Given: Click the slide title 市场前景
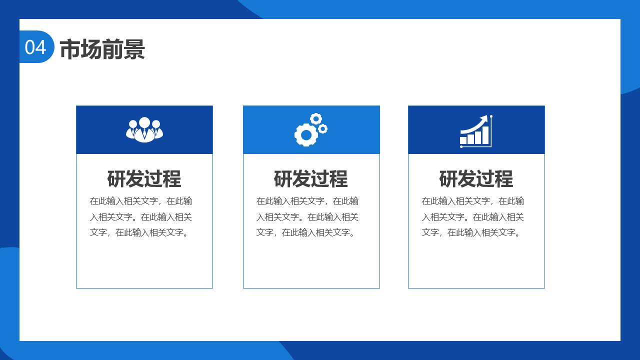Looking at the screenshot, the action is click(x=102, y=49).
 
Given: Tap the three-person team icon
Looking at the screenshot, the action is click(x=144, y=129).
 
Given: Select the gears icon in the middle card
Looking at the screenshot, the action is click(x=311, y=129).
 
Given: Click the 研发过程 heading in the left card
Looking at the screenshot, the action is click(x=144, y=179).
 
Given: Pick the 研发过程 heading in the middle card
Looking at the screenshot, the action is click(x=311, y=179).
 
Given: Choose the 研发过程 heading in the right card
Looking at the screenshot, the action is click(x=476, y=179).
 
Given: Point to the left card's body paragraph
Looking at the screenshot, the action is click(x=141, y=217).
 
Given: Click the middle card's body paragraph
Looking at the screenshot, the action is click(x=307, y=217).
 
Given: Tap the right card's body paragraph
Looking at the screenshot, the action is click(x=473, y=217).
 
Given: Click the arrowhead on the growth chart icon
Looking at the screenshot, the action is click(x=484, y=119).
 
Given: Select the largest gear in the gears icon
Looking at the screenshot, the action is click(x=306, y=135).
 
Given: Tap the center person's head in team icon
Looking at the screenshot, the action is click(x=144, y=122).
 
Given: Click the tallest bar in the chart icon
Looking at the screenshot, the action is click(x=485, y=135).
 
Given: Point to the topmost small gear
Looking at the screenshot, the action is click(x=316, y=119).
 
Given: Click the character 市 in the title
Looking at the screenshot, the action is click(x=70, y=49).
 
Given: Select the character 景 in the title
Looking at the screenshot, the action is click(x=134, y=49).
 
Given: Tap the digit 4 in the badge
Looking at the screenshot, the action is click(x=41, y=47).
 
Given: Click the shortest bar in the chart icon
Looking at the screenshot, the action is click(x=463, y=140).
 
